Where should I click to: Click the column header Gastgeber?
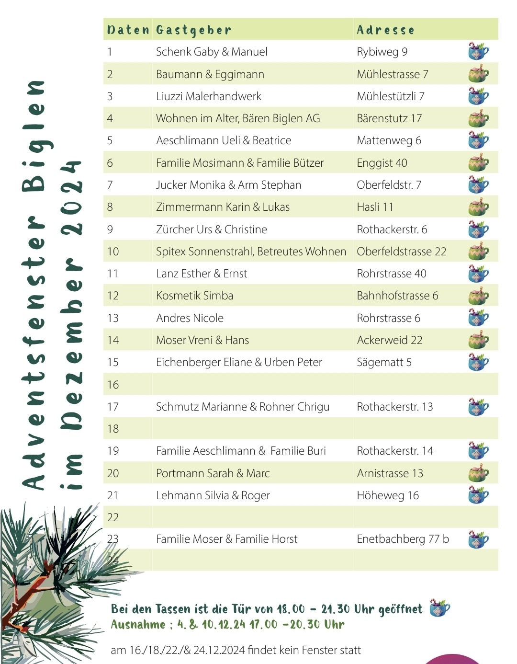[x=193, y=30]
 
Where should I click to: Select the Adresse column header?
[x=385, y=30]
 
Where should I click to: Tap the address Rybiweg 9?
[x=382, y=52]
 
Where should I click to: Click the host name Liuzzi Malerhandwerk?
[x=209, y=96]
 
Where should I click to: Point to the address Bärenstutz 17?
[x=389, y=118]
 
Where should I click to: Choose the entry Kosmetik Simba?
[x=194, y=296]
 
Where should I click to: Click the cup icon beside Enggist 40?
[x=478, y=163]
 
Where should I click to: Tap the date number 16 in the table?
[x=113, y=385]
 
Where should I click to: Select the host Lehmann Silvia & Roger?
[x=213, y=495]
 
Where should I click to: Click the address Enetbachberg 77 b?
[x=403, y=539]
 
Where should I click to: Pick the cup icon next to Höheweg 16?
[x=478, y=495]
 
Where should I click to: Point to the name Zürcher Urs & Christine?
[x=212, y=229]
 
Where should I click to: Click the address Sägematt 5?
[x=384, y=362]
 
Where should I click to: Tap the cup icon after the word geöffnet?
[x=439, y=608]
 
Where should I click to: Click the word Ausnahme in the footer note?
[x=138, y=625]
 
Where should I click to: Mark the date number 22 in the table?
[x=113, y=517]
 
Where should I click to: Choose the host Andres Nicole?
[x=190, y=318]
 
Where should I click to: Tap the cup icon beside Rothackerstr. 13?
[x=478, y=406]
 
